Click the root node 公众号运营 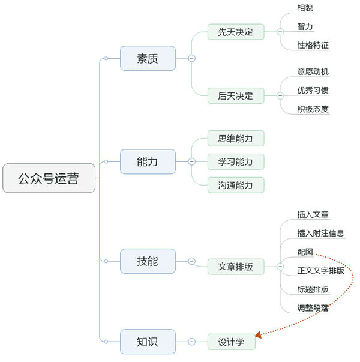point(49,178)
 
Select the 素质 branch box point(148,58)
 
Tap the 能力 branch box point(148,161)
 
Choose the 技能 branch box point(148,261)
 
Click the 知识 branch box point(148,342)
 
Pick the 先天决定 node point(236,32)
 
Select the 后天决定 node point(236,95)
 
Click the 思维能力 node point(236,139)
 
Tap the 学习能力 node point(236,161)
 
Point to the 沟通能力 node point(236,185)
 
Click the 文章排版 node point(236,267)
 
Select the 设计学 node point(231,342)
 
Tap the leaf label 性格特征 point(313,46)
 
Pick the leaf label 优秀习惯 point(313,91)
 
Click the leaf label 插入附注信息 point(320,233)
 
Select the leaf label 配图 point(305,252)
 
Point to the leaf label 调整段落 point(313,308)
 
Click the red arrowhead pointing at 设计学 point(259,334)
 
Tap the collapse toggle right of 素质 point(191,58)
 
